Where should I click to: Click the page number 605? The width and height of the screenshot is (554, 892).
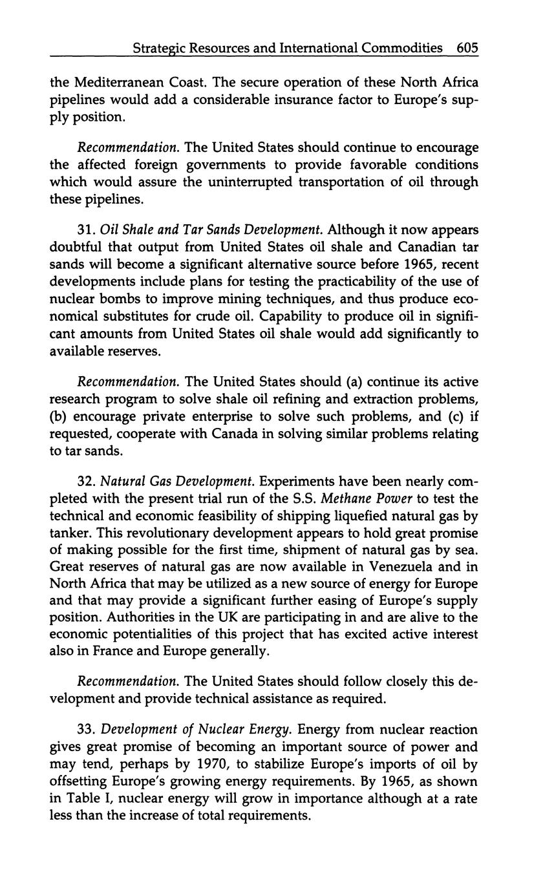[467, 48]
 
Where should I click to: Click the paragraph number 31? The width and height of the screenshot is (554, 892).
[86, 229]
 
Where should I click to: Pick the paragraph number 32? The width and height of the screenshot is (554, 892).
[86, 482]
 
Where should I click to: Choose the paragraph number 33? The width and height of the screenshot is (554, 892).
[86, 730]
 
